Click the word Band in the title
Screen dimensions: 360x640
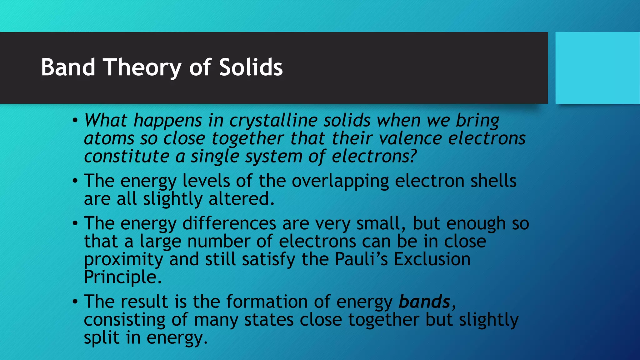point(68,67)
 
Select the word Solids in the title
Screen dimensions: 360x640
point(251,67)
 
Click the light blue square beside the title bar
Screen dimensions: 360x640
point(597,68)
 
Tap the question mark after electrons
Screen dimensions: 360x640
point(413,156)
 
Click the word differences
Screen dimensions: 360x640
point(229,223)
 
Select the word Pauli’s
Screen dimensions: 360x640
point(361,259)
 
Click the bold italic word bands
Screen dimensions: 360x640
point(424,302)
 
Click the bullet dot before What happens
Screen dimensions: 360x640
point(75,120)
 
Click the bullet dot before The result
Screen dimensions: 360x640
point(75,302)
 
